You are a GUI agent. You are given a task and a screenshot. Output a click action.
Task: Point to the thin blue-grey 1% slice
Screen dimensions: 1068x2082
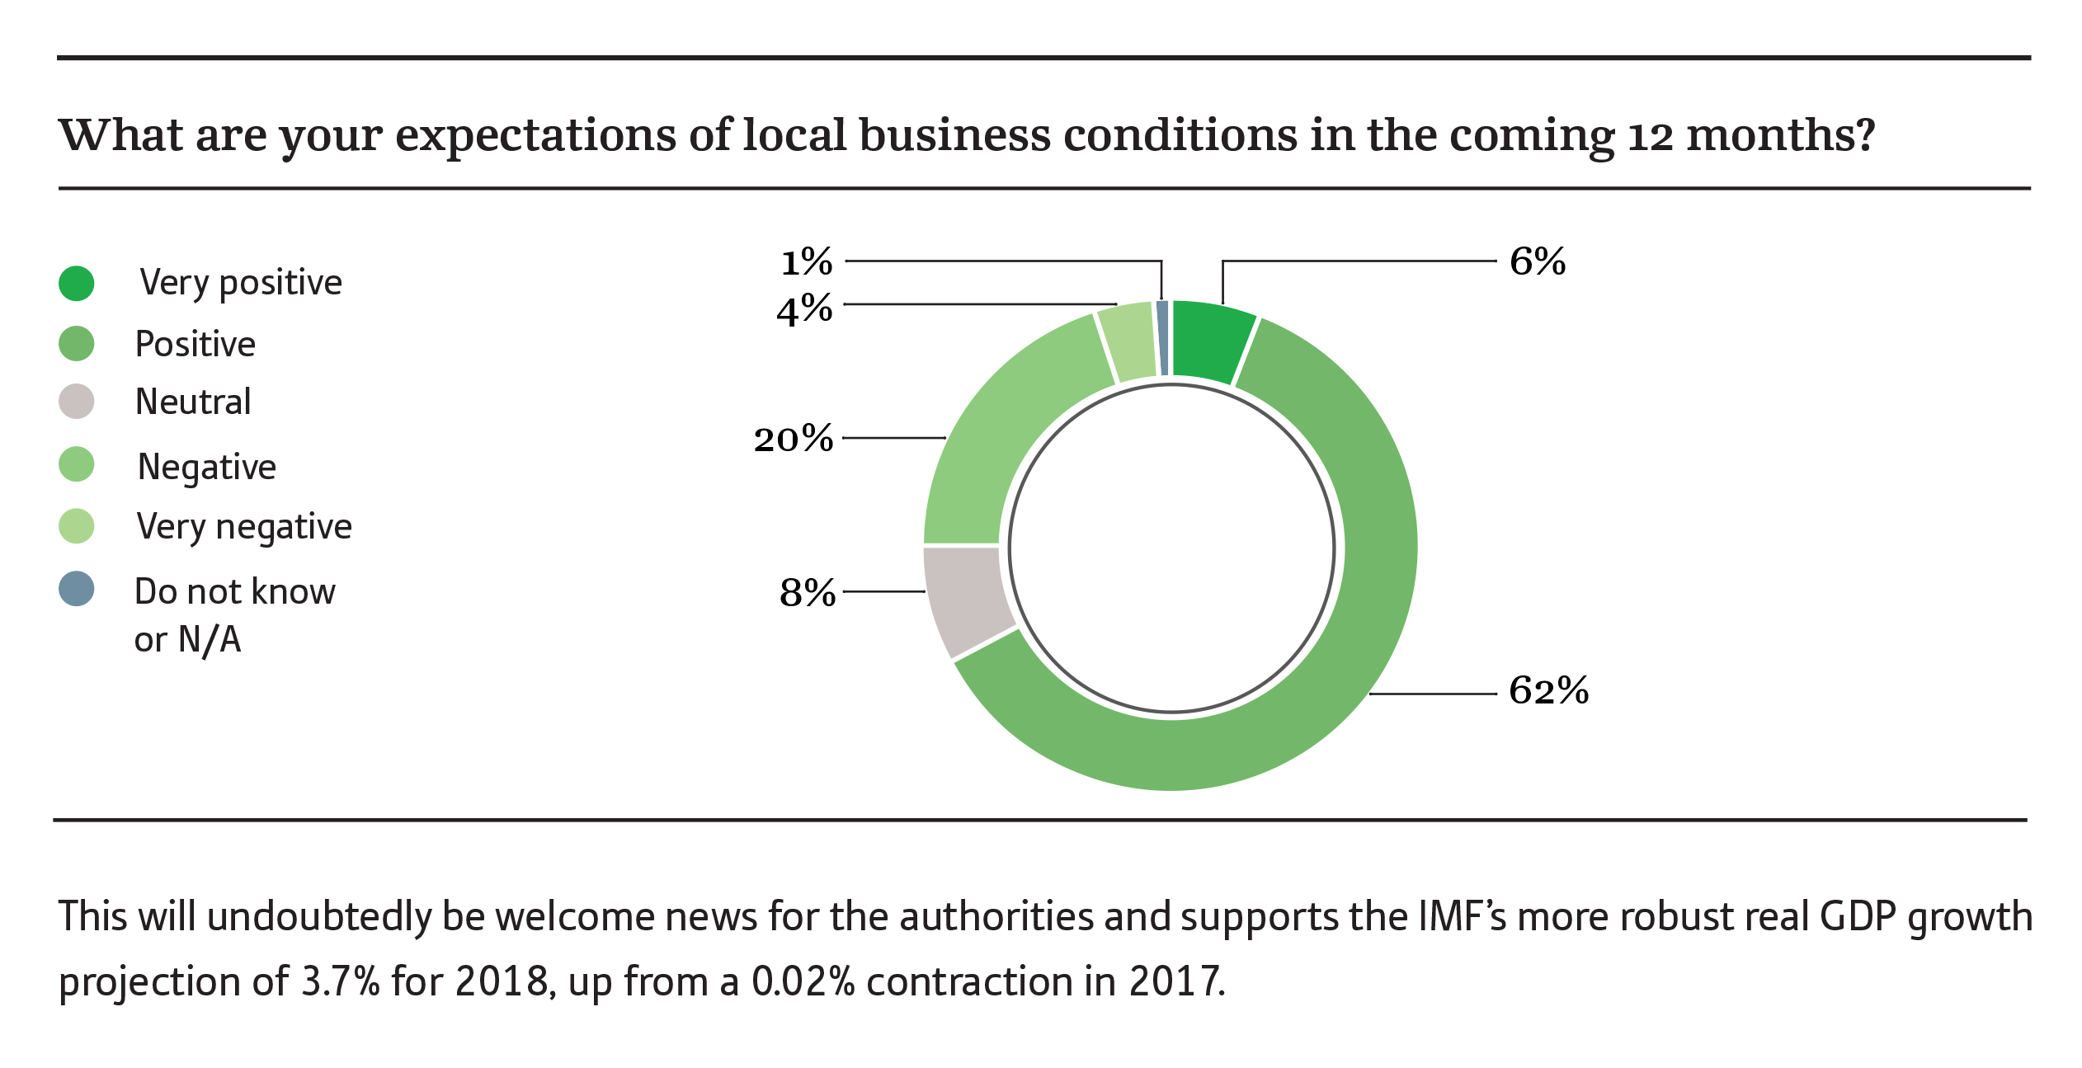[x=1162, y=338]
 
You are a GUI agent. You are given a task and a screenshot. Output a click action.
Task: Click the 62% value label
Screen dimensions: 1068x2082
[x=1548, y=690]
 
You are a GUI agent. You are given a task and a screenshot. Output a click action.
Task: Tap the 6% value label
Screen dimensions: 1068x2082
[x=1537, y=261]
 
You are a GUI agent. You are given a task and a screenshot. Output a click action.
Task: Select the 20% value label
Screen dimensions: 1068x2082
[x=793, y=438]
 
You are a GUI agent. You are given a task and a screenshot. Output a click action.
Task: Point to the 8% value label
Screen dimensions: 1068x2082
[x=807, y=592]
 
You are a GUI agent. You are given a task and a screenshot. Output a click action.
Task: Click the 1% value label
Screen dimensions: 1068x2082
[x=806, y=262]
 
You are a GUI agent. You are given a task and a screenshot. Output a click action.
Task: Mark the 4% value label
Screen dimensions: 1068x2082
[x=804, y=310]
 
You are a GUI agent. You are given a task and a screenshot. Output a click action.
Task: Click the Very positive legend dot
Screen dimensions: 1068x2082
[x=77, y=283]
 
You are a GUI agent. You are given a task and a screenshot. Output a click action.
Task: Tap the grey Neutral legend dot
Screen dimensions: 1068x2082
[x=77, y=402]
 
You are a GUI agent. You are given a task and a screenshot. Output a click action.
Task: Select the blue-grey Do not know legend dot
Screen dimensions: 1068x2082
[x=77, y=589]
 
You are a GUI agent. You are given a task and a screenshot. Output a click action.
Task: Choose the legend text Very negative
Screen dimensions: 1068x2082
[x=244, y=527]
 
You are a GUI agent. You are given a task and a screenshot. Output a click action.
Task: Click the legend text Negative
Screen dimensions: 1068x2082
[x=206, y=467]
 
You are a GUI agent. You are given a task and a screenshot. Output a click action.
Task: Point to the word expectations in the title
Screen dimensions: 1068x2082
[x=535, y=135]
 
